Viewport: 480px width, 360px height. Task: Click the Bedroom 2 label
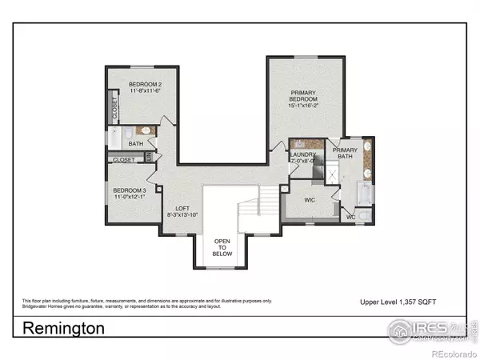(146, 85)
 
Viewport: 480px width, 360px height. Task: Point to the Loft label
(182, 208)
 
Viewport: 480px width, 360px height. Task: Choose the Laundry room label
(303, 154)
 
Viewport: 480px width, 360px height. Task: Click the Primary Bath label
(346, 154)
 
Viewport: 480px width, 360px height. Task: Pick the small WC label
(350, 216)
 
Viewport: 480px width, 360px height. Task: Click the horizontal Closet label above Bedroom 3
(124, 160)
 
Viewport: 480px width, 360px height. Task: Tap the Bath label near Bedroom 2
(136, 144)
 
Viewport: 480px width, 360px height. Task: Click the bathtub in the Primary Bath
(360, 193)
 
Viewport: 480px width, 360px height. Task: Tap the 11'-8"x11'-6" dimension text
(146, 91)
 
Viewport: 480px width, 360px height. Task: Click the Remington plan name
(63, 328)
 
